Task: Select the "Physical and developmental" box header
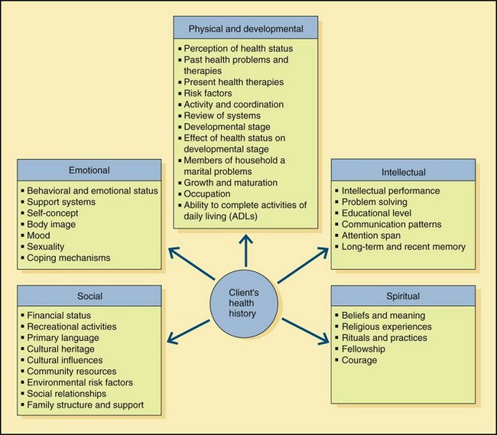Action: [x=245, y=30]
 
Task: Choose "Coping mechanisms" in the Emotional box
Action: [x=69, y=258]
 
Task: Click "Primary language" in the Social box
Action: [x=63, y=337]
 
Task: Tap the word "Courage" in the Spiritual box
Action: [x=359, y=360]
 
